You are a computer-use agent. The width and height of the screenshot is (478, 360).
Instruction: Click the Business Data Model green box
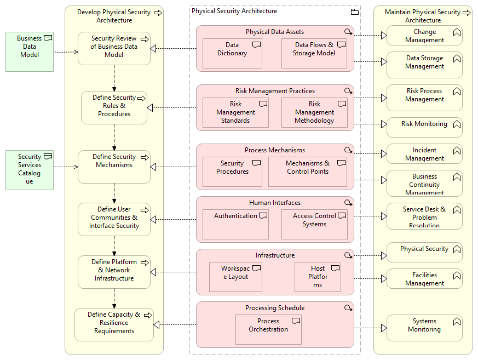click(x=30, y=52)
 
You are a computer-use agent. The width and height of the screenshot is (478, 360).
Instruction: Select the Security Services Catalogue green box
click(x=30, y=170)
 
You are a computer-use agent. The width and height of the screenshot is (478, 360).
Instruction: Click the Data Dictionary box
click(x=232, y=54)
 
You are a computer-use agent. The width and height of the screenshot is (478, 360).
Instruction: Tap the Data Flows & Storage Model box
click(x=314, y=54)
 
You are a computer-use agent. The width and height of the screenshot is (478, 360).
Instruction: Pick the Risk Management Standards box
click(x=235, y=112)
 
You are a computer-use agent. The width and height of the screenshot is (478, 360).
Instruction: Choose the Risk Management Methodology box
click(x=314, y=112)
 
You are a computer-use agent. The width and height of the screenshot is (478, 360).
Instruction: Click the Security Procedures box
click(x=232, y=172)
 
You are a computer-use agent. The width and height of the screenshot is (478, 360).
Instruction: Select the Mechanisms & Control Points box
click(x=307, y=172)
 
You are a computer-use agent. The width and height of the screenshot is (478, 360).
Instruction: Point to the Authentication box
click(x=235, y=224)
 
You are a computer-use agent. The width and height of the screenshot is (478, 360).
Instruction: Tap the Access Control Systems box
click(x=314, y=224)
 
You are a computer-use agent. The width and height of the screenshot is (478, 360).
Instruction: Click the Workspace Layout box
click(x=235, y=277)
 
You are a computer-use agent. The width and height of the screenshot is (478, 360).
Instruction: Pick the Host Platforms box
click(x=318, y=277)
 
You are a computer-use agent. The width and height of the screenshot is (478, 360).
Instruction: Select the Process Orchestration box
click(x=268, y=329)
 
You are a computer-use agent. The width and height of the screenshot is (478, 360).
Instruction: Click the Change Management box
click(x=424, y=36)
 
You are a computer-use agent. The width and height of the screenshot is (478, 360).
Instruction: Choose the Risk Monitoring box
click(x=424, y=127)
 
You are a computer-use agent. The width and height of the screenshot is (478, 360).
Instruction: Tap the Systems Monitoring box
click(x=424, y=328)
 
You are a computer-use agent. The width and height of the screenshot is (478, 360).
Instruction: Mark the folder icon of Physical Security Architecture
click(x=354, y=12)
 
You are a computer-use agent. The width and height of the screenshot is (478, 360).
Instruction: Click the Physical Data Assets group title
click(x=275, y=32)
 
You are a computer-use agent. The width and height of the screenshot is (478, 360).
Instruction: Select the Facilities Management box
click(x=424, y=279)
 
